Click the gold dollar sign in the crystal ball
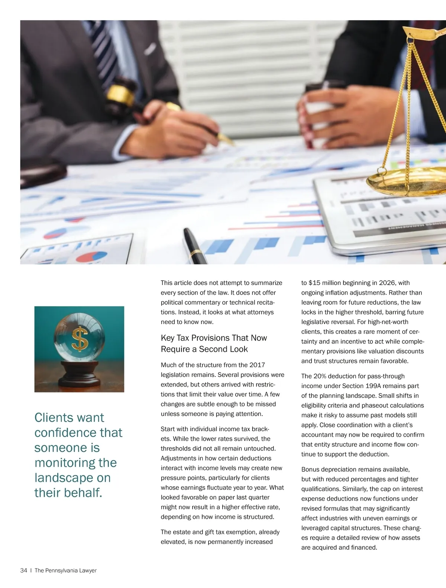point(80,339)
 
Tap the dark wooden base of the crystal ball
point(79,375)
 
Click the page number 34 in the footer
point(23,571)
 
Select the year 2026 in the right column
point(387,283)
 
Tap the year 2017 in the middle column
point(257,365)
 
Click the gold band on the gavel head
point(120,95)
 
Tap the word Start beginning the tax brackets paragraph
point(168,429)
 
